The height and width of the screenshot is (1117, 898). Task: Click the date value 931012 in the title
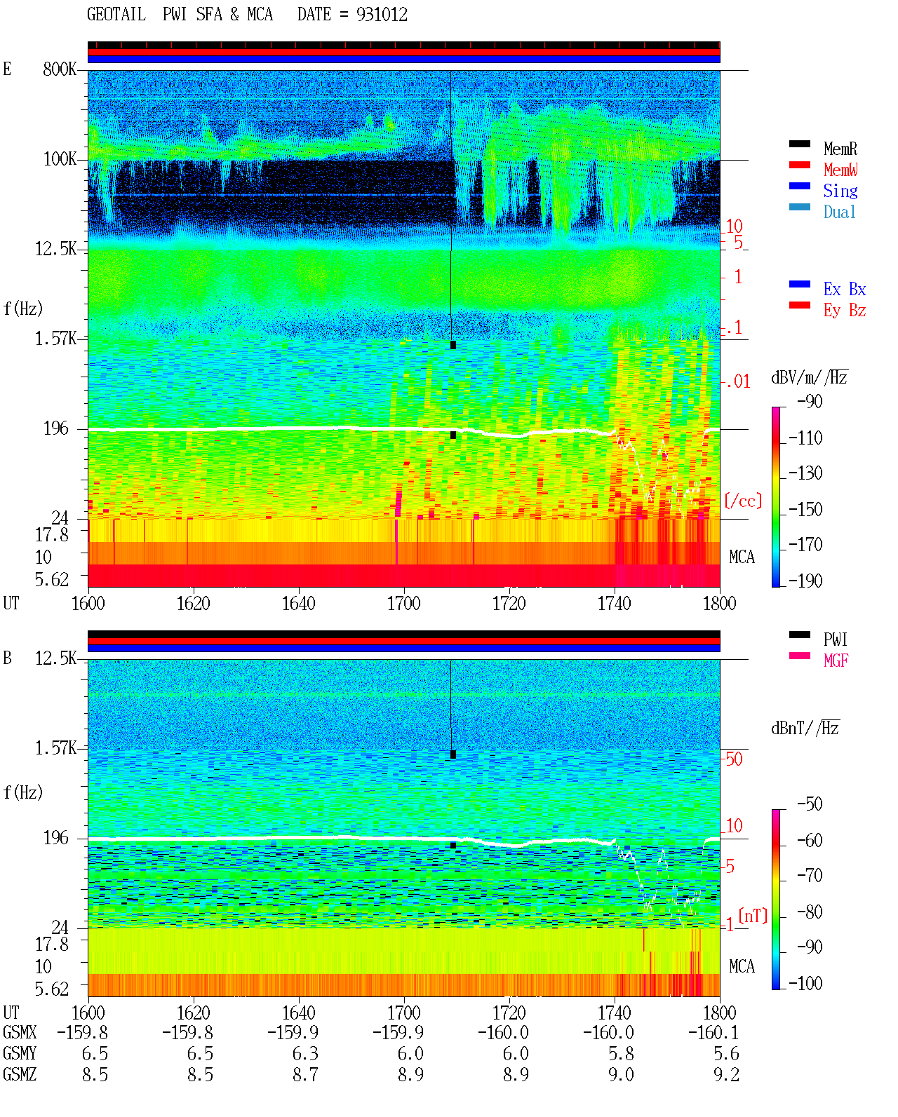382,15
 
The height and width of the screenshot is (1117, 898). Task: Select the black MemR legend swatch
799,144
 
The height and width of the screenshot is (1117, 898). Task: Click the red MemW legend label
840,169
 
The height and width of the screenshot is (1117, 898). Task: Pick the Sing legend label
840,191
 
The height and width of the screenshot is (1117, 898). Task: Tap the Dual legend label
839,212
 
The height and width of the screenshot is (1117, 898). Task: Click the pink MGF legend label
836,661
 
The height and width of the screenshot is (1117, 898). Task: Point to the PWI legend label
836,639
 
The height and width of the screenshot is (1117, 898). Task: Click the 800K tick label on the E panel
60,69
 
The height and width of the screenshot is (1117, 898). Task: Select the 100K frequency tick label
60,159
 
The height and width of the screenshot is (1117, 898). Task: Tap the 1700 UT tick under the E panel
403,604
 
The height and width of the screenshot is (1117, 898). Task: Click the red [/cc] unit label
743,501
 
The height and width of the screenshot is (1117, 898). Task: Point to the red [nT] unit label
753,915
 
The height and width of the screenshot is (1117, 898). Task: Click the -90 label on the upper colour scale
810,401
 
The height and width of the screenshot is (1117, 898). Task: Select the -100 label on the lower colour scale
805,983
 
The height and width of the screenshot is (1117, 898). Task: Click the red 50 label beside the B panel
734,759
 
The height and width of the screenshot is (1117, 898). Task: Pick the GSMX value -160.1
713,1032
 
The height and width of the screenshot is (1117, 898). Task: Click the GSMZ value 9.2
726,1074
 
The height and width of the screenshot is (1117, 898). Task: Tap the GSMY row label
20,1053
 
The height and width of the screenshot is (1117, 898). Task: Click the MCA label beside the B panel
742,966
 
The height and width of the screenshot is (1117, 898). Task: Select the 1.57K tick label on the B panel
55,748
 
